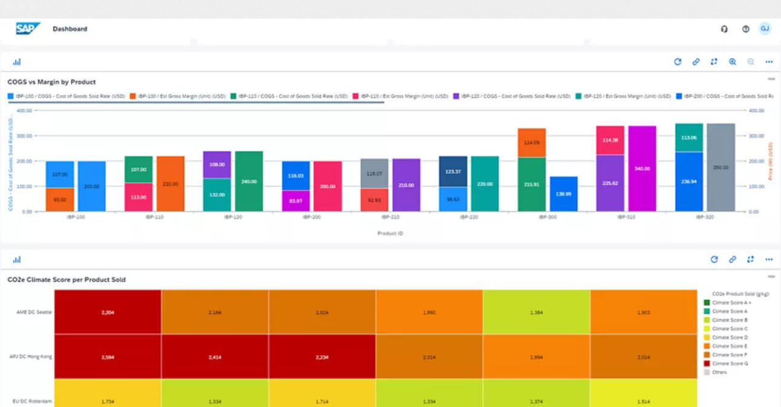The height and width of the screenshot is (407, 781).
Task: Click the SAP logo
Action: [x=27, y=29]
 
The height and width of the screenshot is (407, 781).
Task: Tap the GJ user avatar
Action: [x=765, y=28]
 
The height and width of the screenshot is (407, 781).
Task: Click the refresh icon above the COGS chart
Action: [x=678, y=62]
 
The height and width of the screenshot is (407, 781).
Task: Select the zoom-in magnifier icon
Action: [x=733, y=62]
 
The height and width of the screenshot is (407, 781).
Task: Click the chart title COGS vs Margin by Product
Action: [x=52, y=82]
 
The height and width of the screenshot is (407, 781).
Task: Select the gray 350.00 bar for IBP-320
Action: [x=720, y=168]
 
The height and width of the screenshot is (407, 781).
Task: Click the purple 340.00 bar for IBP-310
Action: [x=642, y=169]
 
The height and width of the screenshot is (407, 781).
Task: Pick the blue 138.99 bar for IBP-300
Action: [x=563, y=194]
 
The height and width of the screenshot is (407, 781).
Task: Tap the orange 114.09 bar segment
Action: [x=531, y=143]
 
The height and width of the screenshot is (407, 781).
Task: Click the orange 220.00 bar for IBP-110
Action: [x=170, y=184]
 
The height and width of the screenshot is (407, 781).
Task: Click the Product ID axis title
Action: [x=390, y=233]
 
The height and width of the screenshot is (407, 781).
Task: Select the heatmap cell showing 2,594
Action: [x=108, y=357]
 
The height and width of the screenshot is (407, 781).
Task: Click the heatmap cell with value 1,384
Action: [x=536, y=312]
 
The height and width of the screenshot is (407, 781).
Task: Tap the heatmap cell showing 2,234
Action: [x=322, y=357]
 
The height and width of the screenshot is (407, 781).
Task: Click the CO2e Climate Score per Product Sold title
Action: [x=67, y=280]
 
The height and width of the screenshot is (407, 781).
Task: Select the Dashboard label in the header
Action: [x=70, y=29]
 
